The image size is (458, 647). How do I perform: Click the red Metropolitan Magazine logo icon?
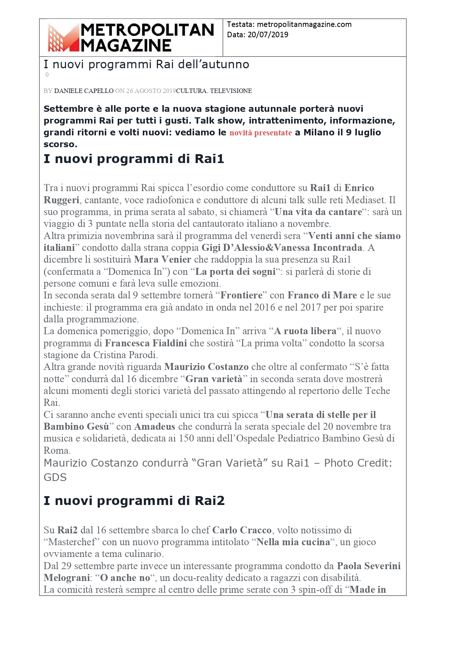coord(63,38)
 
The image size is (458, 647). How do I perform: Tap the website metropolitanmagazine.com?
coord(304,24)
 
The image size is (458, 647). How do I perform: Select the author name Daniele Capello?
coord(84,91)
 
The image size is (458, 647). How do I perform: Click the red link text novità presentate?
coord(261,133)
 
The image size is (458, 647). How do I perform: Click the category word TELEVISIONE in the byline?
coord(231,91)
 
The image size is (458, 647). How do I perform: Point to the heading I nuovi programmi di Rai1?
coord(134,159)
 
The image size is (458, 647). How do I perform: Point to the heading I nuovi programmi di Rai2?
coord(134,501)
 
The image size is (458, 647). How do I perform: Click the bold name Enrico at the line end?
coord(359,188)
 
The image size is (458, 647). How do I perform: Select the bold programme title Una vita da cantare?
coord(318,212)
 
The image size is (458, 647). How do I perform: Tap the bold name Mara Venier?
coord(162,259)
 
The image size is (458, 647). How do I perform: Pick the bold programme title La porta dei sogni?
coord(235,271)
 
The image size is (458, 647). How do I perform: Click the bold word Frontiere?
coord(241,295)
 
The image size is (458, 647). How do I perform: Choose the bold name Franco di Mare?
coord(322,295)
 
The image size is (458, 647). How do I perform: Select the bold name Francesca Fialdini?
coord(146,343)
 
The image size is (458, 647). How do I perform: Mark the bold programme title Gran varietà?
coord(214,379)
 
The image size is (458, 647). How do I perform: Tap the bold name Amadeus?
coord(155,426)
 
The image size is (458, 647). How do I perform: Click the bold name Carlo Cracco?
coord(242,530)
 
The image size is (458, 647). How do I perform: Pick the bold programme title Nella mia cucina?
coord(293,542)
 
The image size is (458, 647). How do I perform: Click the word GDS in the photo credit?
coord(55,477)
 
